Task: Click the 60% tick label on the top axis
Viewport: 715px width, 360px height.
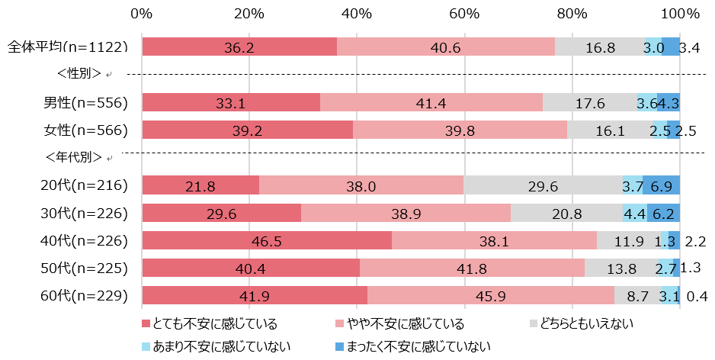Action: tap(464, 14)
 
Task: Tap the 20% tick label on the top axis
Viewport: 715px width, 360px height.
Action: tap(249, 14)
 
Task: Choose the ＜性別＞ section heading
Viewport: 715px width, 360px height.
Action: tap(79, 74)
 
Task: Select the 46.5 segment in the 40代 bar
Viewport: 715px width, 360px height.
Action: tap(267, 241)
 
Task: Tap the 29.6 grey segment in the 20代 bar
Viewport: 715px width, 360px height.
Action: tap(543, 185)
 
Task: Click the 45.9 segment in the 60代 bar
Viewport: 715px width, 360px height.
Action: tap(491, 296)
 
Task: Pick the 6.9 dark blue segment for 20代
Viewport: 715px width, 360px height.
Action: tap(661, 185)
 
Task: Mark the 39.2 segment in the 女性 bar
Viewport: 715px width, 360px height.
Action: tap(248, 130)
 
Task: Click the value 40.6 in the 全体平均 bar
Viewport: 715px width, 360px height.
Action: tap(445, 47)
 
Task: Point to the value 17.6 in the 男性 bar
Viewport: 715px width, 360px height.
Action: tap(589, 103)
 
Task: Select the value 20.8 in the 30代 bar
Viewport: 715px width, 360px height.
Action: tap(566, 214)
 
